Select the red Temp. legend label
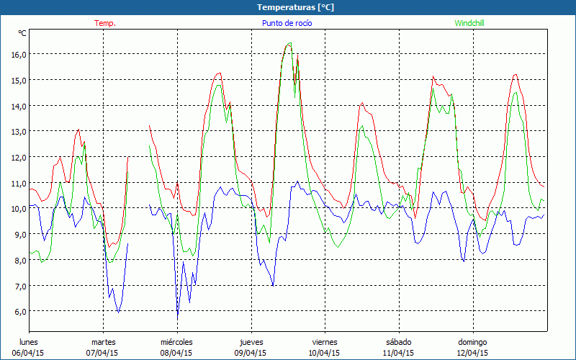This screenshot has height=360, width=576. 105,23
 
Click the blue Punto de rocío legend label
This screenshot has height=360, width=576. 287,23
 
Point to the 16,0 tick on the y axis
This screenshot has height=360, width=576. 18,54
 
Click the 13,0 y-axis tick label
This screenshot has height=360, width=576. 18,131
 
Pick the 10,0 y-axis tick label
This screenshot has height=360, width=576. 18,208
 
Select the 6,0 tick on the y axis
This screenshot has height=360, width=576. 18,311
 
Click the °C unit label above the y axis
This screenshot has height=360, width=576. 22,33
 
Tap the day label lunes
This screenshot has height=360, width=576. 29,342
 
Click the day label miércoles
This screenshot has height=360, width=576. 176,342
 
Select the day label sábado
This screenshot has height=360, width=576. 398,342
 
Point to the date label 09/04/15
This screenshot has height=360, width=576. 250,353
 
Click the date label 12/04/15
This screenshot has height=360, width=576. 472,353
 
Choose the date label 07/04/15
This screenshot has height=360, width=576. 103,353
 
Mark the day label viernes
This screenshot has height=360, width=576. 325,342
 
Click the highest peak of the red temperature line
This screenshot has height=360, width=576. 289,43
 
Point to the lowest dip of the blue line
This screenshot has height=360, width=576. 178,318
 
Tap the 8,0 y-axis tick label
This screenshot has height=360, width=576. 18,260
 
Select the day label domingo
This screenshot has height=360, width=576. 472,342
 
